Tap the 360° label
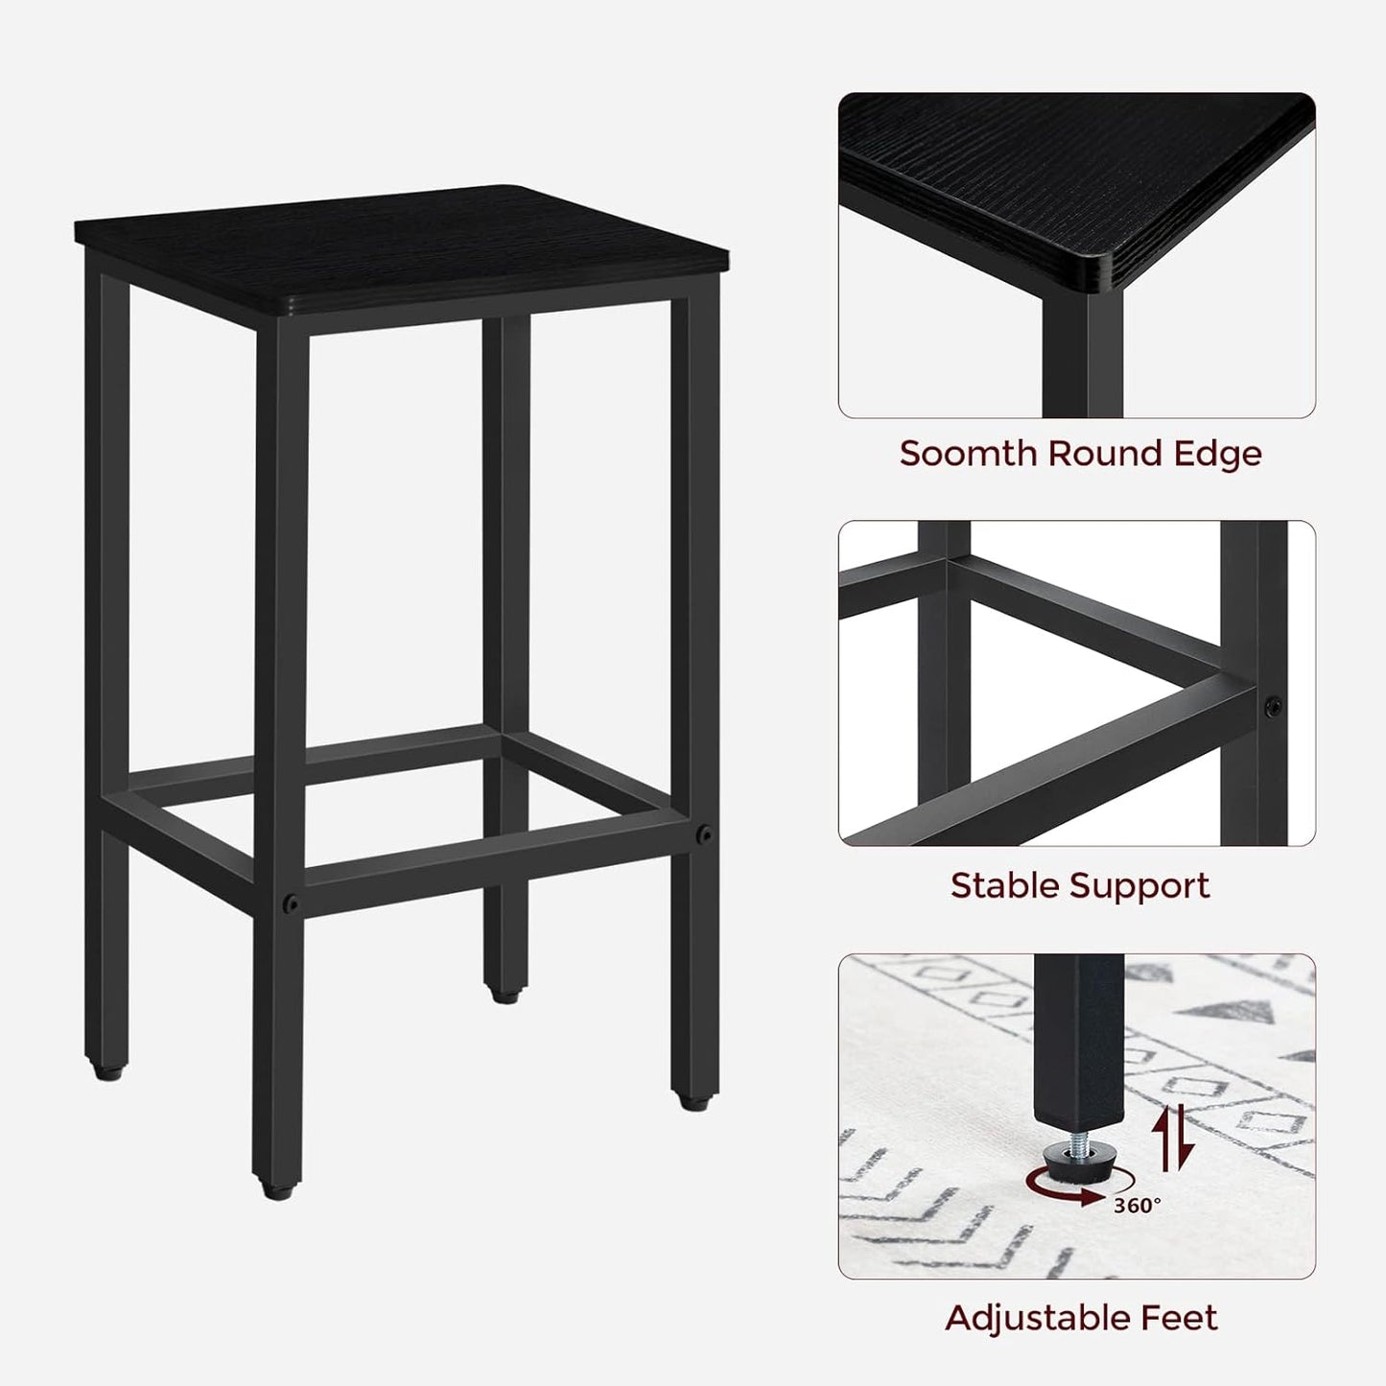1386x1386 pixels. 1138,1206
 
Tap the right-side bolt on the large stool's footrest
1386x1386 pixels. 705,834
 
